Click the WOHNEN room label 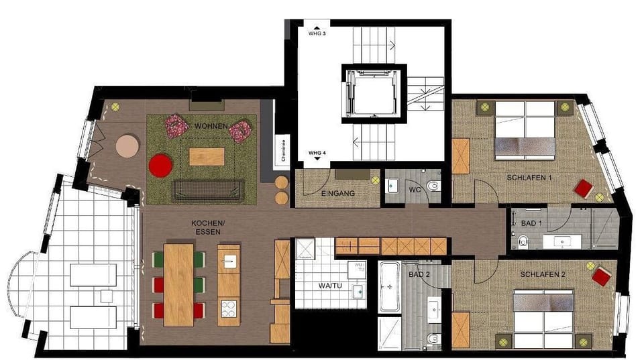[x=211, y=126]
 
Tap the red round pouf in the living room [x=160, y=166]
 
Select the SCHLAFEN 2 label [x=543, y=276]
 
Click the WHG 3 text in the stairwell [x=317, y=33]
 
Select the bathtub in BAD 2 [x=390, y=288]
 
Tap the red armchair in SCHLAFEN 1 [x=582, y=188]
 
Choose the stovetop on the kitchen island [x=228, y=309]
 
